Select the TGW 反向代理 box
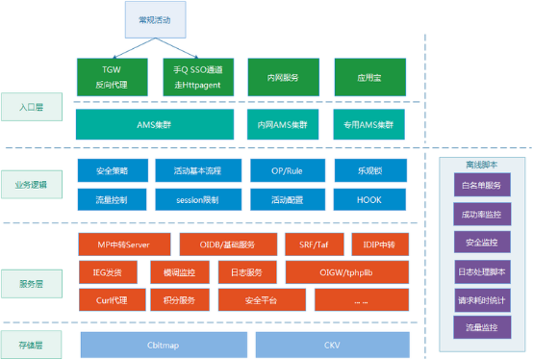[112, 76]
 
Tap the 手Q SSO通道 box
[197, 76]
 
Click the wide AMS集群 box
[155, 124]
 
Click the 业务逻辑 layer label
[31, 184]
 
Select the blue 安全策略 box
[112, 170]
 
